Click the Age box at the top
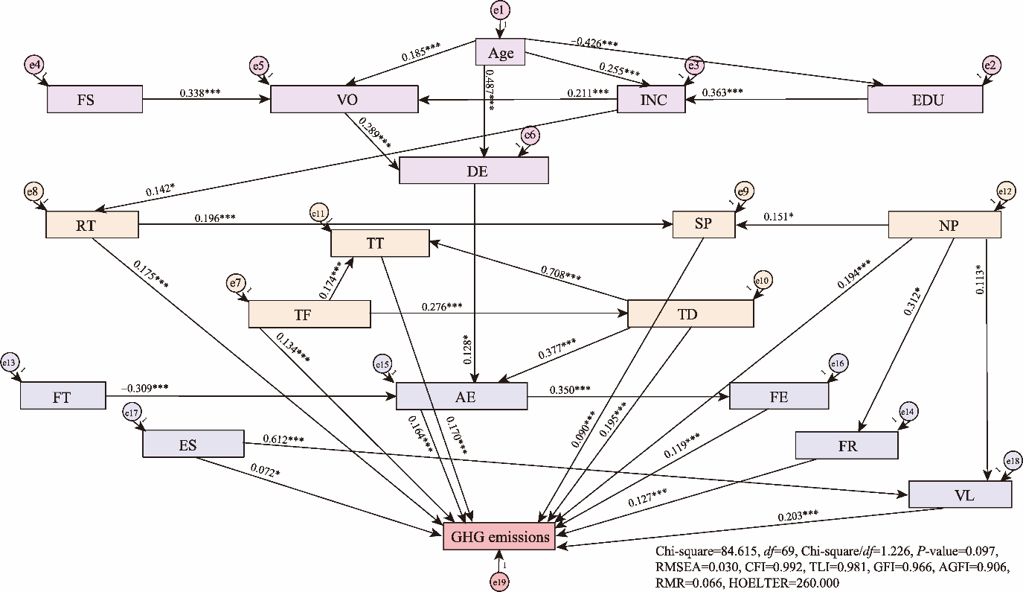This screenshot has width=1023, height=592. tap(501, 54)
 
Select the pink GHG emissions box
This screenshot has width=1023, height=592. tap(499, 536)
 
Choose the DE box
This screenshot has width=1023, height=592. tap(474, 170)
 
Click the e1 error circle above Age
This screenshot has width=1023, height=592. tap(499, 10)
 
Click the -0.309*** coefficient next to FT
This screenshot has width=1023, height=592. tap(145, 388)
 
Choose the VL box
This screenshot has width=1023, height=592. tap(960, 494)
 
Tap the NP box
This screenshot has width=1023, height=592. tap(945, 223)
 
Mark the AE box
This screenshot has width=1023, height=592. tap(461, 396)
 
